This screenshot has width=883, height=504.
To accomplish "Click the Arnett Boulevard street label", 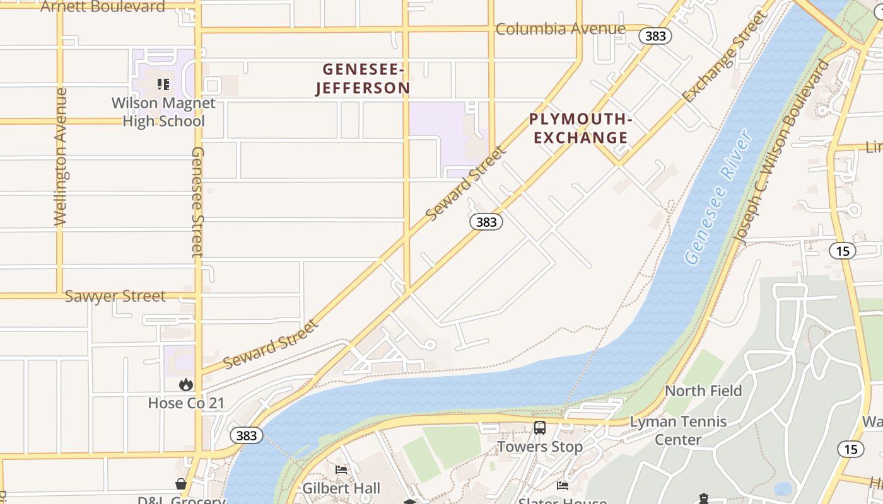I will click(103, 7).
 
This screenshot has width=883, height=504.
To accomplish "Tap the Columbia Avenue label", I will click(560, 29).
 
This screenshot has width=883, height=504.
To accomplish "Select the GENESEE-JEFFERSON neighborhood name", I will click(363, 79).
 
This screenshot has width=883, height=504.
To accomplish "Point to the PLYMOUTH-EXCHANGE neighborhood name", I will click(580, 129).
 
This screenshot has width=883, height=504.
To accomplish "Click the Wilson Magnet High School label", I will click(163, 112).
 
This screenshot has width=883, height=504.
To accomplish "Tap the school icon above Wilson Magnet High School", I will click(163, 84).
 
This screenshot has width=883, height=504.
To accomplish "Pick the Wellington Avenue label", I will click(61, 156).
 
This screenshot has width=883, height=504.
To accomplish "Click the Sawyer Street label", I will click(115, 296).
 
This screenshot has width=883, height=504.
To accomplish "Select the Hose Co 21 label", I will click(186, 403).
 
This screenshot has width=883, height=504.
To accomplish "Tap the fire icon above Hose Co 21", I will click(185, 384).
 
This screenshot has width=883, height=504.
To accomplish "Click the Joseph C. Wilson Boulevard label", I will click(780, 152).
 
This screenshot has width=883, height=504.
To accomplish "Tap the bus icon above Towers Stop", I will click(540, 428).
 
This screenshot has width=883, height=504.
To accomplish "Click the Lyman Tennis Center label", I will click(679, 430).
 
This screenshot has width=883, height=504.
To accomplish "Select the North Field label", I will click(703, 391).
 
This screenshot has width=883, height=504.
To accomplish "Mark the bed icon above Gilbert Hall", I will click(341, 470).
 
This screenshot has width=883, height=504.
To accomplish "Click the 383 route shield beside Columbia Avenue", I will click(655, 36).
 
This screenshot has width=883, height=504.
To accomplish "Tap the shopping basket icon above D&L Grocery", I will click(181, 484).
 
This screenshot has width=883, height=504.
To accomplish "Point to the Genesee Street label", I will click(198, 202).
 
